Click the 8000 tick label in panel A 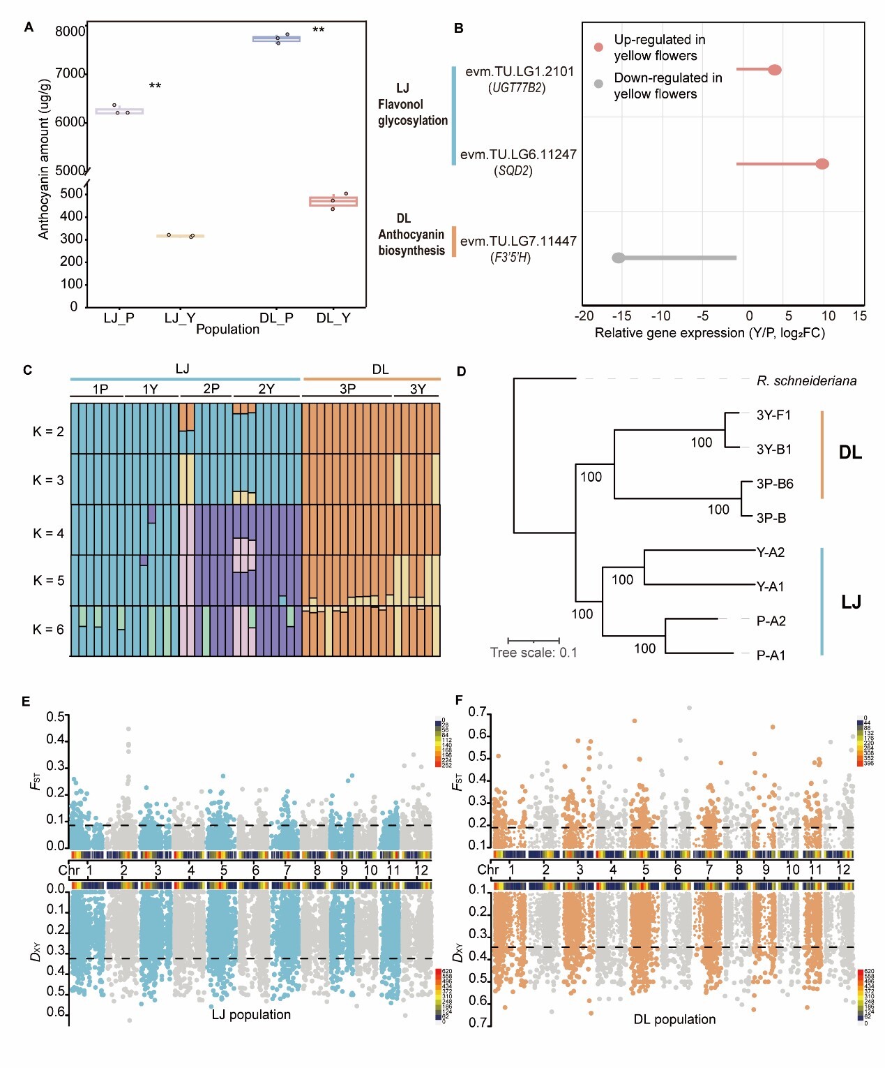[70, 31]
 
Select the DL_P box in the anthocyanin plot [276, 39]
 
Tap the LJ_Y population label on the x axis [180, 318]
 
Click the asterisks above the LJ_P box [155, 87]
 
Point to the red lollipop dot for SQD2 [822, 164]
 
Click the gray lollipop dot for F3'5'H [619, 258]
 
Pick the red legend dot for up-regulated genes [598, 47]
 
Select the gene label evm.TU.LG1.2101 [520, 71]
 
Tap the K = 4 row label [48, 533]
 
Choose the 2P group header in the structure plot [211, 389]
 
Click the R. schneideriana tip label [806, 381]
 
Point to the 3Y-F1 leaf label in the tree [773, 415]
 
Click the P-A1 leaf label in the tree [771, 655]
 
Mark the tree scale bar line [534, 640]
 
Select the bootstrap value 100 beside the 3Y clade [702, 443]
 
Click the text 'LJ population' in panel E [251, 1014]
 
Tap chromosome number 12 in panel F [844, 870]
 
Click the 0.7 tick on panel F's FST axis [477, 712]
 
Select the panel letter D [461, 371]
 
